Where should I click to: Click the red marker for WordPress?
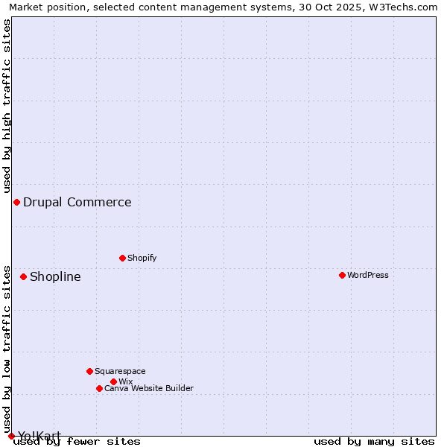coord(342,275)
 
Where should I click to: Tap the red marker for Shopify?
coord(122,258)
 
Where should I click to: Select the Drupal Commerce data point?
coord(16,202)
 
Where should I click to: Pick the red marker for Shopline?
coord(23,276)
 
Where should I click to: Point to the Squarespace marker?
coord(89,371)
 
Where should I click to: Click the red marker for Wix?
coord(113,381)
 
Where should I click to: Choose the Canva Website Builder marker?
coord(99,388)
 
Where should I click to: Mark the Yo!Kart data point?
coord(11,436)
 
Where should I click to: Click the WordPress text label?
coord(368,275)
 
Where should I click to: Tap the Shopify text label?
coord(142,258)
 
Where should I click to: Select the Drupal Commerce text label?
coord(77,202)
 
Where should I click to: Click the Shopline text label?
coord(55,276)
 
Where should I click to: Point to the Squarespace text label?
coord(120,371)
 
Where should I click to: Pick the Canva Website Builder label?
coord(149,388)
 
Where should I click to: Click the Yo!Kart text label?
coord(39,435)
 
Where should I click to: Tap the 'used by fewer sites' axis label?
coord(77,441)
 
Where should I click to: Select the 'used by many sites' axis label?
coord(374,441)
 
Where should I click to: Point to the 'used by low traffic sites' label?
coord(7,349)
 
